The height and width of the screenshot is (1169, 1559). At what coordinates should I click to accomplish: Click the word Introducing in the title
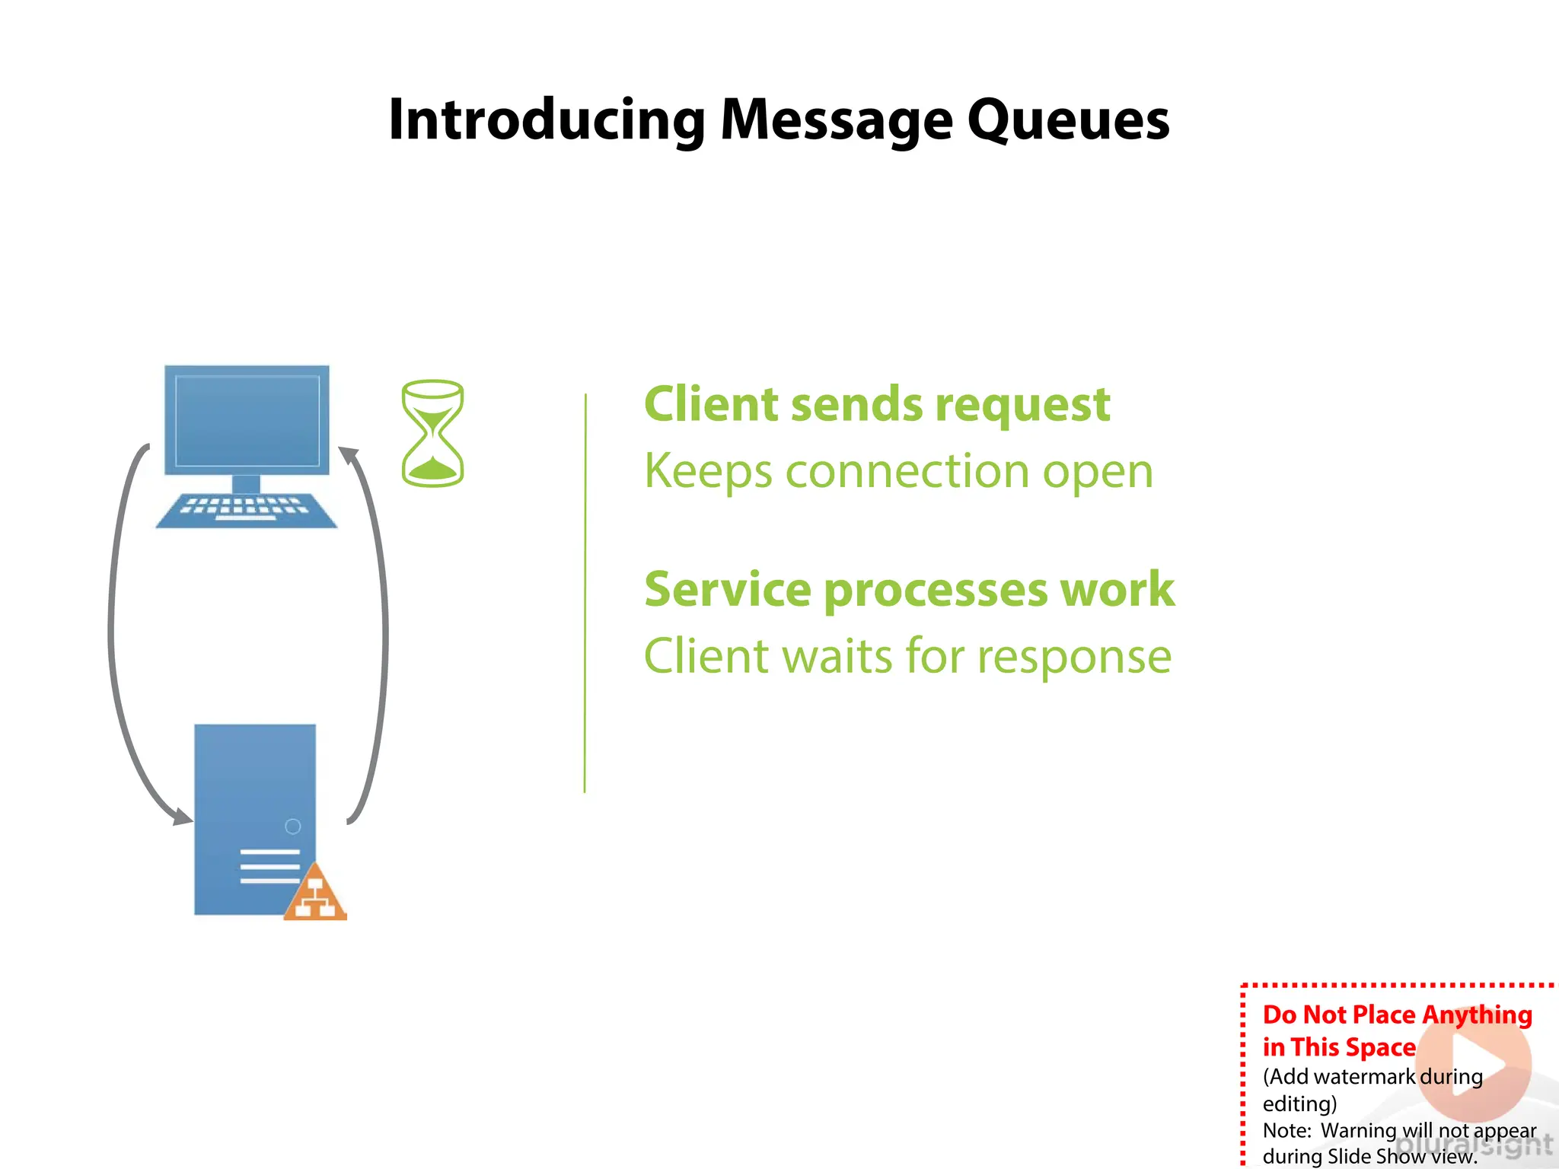pyautogui.click(x=547, y=120)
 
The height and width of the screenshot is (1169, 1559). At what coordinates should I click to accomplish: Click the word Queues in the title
pyautogui.click(x=1068, y=120)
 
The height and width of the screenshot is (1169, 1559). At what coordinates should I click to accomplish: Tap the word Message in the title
pyautogui.click(x=835, y=120)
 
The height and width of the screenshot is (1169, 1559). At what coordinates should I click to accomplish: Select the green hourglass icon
pyautogui.click(x=432, y=434)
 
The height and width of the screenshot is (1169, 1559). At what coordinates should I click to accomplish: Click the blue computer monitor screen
pyautogui.click(x=247, y=420)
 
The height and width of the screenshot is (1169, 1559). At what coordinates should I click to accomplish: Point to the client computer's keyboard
pyautogui.click(x=246, y=510)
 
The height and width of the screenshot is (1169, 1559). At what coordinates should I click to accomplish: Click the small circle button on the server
pyautogui.click(x=292, y=827)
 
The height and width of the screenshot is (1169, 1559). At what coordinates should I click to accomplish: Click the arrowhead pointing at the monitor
pyautogui.click(x=348, y=455)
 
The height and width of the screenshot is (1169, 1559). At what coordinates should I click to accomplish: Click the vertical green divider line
pyautogui.click(x=585, y=594)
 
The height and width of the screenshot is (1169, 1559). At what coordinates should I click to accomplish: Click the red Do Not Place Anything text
pyautogui.click(x=1397, y=1015)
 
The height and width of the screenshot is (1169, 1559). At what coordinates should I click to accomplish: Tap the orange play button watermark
pyautogui.click(x=1473, y=1064)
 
